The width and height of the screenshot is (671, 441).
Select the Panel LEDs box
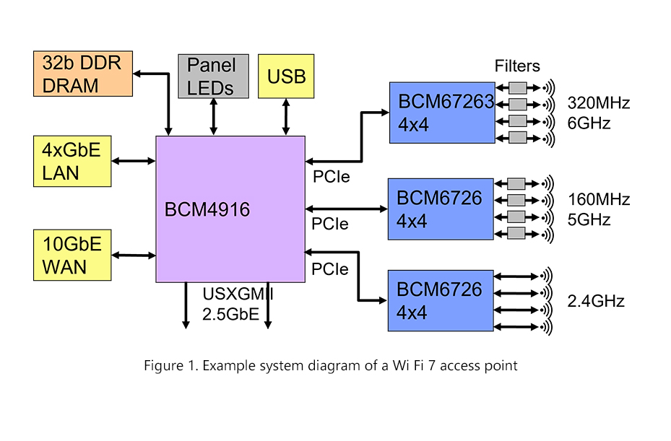coord(213,76)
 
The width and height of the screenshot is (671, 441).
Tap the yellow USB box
coord(286,76)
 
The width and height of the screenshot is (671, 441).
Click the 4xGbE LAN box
coord(72,161)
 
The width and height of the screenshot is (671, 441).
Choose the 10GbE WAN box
coord(72,255)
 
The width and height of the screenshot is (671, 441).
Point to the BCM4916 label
coord(207,210)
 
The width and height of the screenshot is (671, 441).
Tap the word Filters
coord(517,66)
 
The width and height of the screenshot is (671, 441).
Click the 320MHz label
coord(599,103)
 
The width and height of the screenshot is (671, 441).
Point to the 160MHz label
coord(599,199)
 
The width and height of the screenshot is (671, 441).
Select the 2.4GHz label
coord(596,301)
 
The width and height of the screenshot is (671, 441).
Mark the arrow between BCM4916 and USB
coord(287,116)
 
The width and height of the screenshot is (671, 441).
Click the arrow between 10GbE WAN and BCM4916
coord(133,255)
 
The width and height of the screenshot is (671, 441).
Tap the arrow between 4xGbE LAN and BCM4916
coord(133,161)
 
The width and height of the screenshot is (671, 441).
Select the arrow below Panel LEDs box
coord(213,116)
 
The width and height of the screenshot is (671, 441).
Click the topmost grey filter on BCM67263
coord(517,88)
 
